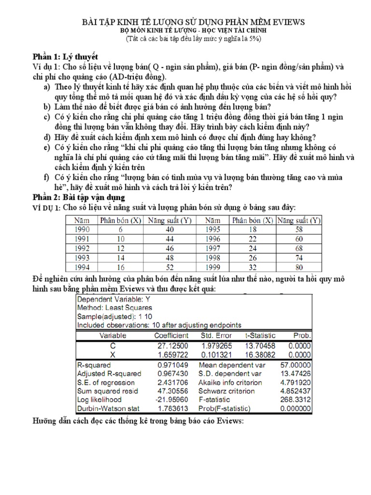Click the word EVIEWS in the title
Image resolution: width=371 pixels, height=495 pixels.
(x=285, y=23)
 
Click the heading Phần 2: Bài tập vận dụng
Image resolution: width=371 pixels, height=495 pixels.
(x=78, y=197)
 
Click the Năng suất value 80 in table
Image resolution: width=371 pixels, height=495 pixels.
(x=299, y=267)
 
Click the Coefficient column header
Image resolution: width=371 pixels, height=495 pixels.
(x=171, y=335)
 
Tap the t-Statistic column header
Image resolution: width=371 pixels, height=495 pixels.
(x=261, y=335)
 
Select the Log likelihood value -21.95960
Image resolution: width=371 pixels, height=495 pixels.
(x=171, y=400)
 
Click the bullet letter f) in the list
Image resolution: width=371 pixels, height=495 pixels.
(x=47, y=177)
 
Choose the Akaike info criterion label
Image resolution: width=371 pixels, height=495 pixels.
(x=230, y=382)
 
